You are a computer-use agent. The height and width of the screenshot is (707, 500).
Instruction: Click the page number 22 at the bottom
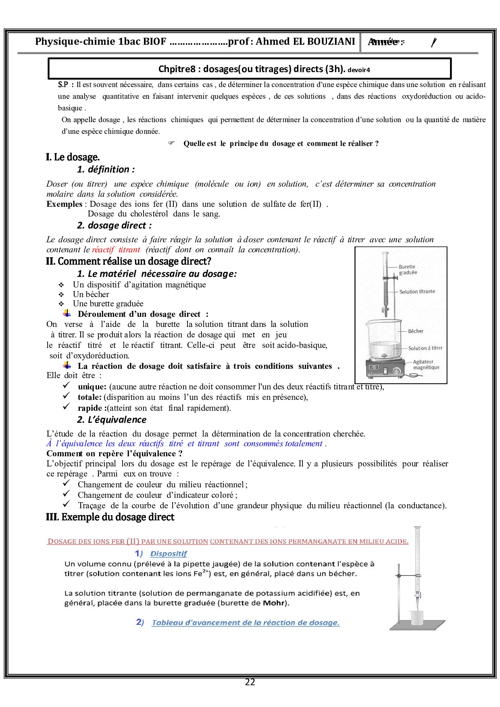pyautogui.click(x=250, y=682)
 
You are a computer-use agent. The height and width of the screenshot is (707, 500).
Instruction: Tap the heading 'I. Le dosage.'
pyautogui.click(x=73, y=157)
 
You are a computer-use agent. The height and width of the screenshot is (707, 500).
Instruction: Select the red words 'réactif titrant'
pyautogui.click(x=116, y=250)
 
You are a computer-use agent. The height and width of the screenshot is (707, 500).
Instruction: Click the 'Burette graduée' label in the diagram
pyautogui.click(x=408, y=270)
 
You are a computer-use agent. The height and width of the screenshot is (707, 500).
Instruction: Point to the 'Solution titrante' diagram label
pyautogui.click(x=417, y=291)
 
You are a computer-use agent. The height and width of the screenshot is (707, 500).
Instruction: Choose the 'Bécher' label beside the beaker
pyautogui.click(x=415, y=331)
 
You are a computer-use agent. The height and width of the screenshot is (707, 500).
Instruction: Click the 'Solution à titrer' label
pyautogui.click(x=425, y=348)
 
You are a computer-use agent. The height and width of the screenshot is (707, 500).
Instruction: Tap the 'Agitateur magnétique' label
pyautogui.click(x=426, y=364)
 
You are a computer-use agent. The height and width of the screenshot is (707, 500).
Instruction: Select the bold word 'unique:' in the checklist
pyautogui.click(x=92, y=387)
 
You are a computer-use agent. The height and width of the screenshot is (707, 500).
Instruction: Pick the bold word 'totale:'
pyautogui.click(x=90, y=397)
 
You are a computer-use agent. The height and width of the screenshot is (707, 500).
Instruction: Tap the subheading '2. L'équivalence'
pyautogui.click(x=112, y=420)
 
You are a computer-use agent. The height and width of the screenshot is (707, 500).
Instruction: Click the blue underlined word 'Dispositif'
pyautogui.click(x=169, y=553)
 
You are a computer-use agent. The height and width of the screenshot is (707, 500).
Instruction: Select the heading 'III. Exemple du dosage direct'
pyautogui.click(x=110, y=517)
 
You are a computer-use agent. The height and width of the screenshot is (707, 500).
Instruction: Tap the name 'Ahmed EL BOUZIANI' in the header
pyautogui.click(x=305, y=42)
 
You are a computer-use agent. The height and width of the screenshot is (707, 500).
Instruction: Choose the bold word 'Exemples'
pyautogui.click(x=64, y=204)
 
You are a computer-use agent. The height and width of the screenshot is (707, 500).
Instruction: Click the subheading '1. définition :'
pyautogui.click(x=106, y=169)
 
